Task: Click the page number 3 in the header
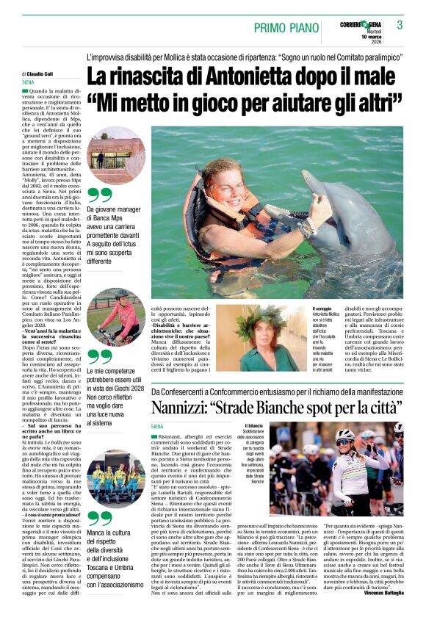click(x=400, y=25)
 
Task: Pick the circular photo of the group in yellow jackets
click(x=116, y=477)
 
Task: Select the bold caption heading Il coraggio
click(x=325, y=308)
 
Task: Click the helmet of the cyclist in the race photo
click(x=366, y=436)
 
